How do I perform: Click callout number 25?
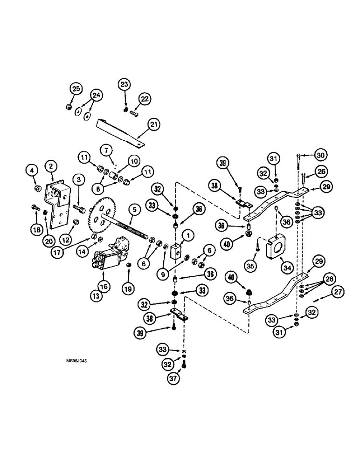pyautogui.click(x=76, y=88)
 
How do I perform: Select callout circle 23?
pyautogui.click(x=124, y=85)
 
